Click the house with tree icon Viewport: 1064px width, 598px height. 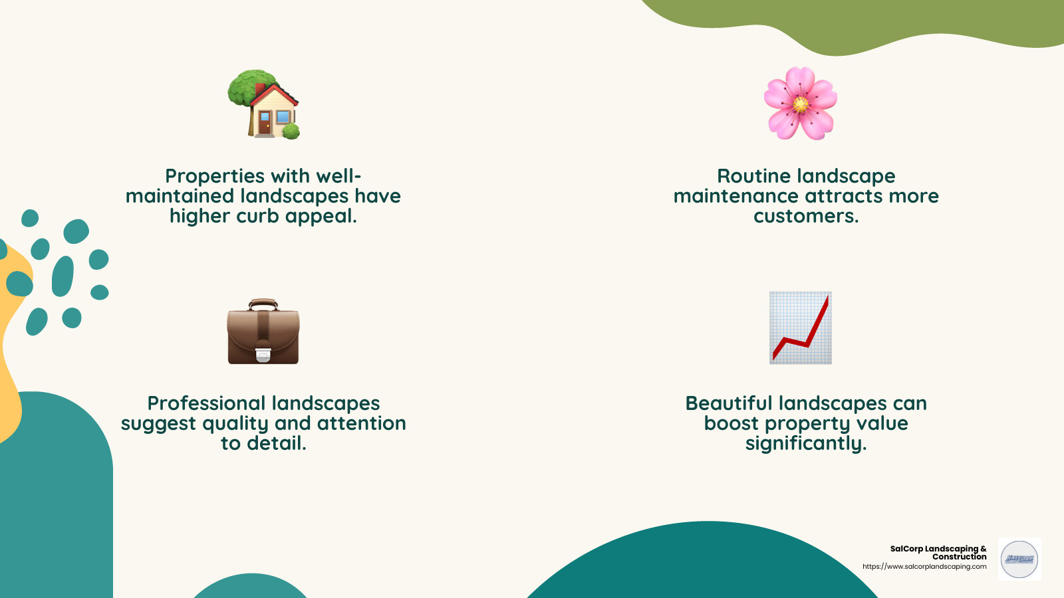pos(264,104)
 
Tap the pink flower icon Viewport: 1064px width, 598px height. pos(800,103)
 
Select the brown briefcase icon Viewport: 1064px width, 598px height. pos(263,332)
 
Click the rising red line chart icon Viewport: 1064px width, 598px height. pos(801,328)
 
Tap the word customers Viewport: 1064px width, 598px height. pos(806,216)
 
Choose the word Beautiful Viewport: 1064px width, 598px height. pos(729,403)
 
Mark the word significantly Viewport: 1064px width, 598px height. pos(806,443)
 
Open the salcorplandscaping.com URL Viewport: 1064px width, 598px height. pos(924,567)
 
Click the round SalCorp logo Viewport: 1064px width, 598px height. pos(1019,559)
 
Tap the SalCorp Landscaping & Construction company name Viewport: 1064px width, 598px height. pos(938,552)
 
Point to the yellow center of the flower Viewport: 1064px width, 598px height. pos(801,104)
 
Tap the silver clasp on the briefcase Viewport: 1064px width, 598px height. pos(263,355)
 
